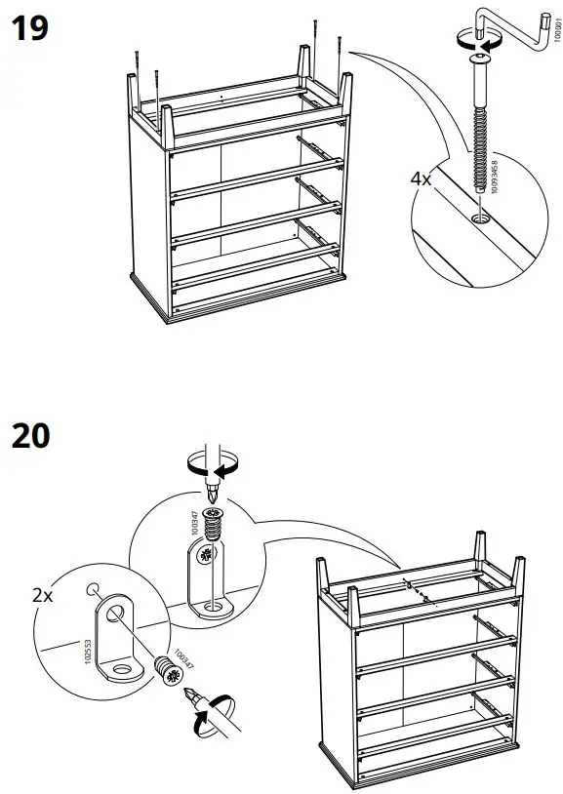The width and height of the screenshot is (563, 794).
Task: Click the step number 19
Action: point(29,28)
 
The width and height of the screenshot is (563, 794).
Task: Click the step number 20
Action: point(30,436)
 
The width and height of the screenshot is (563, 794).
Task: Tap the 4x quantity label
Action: point(422,180)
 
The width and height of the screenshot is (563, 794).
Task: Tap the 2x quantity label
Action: point(43,595)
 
